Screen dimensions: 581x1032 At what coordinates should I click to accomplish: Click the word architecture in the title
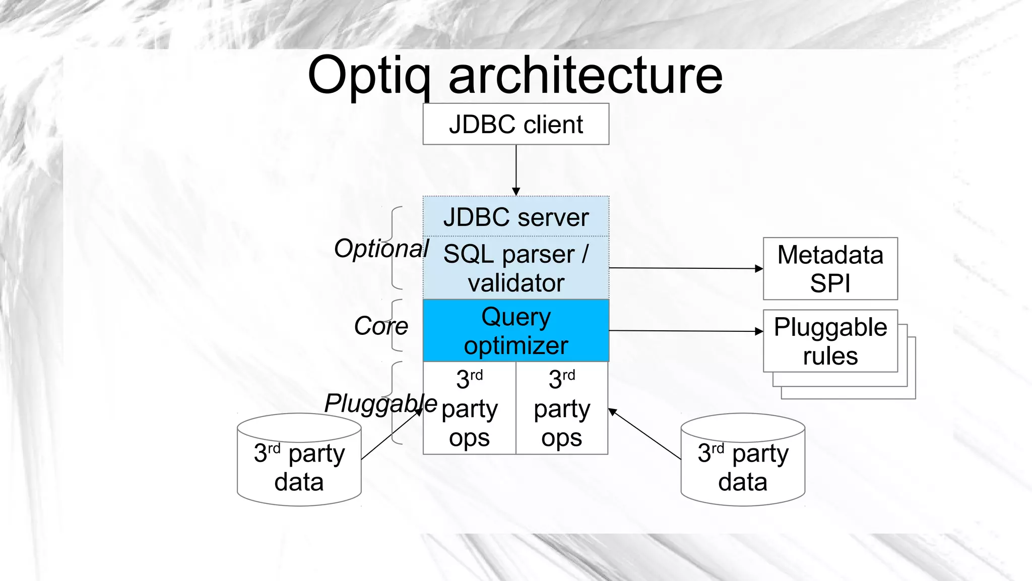[x=586, y=76]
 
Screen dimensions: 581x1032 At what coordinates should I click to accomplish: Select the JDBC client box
[x=515, y=124]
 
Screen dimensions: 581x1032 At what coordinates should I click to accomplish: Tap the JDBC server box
[x=515, y=217]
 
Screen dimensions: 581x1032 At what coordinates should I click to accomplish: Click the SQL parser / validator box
[x=515, y=268]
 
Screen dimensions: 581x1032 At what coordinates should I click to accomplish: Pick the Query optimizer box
[x=515, y=331]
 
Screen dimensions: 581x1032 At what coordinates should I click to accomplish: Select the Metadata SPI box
[x=830, y=269]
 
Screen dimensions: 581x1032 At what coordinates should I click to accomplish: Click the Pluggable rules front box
[x=830, y=341]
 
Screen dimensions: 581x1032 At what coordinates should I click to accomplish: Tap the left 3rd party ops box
[x=469, y=409]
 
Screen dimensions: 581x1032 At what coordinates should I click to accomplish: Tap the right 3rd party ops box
[x=562, y=409]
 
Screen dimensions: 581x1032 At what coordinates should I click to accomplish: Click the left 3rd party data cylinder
[x=299, y=467]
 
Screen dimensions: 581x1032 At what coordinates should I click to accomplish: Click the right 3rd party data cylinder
[x=742, y=467]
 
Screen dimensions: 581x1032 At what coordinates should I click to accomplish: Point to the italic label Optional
[x=381, y=249]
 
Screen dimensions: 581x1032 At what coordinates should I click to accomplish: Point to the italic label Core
[x=380, y=326]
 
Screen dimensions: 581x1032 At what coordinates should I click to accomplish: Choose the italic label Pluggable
[x=380, y=403]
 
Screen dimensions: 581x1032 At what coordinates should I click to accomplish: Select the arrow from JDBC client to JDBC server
[x=516, y=169]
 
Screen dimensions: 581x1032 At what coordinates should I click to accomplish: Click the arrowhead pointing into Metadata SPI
[x=759, y=269]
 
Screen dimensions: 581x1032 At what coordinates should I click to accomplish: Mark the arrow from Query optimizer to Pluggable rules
[x=685, y=331]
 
